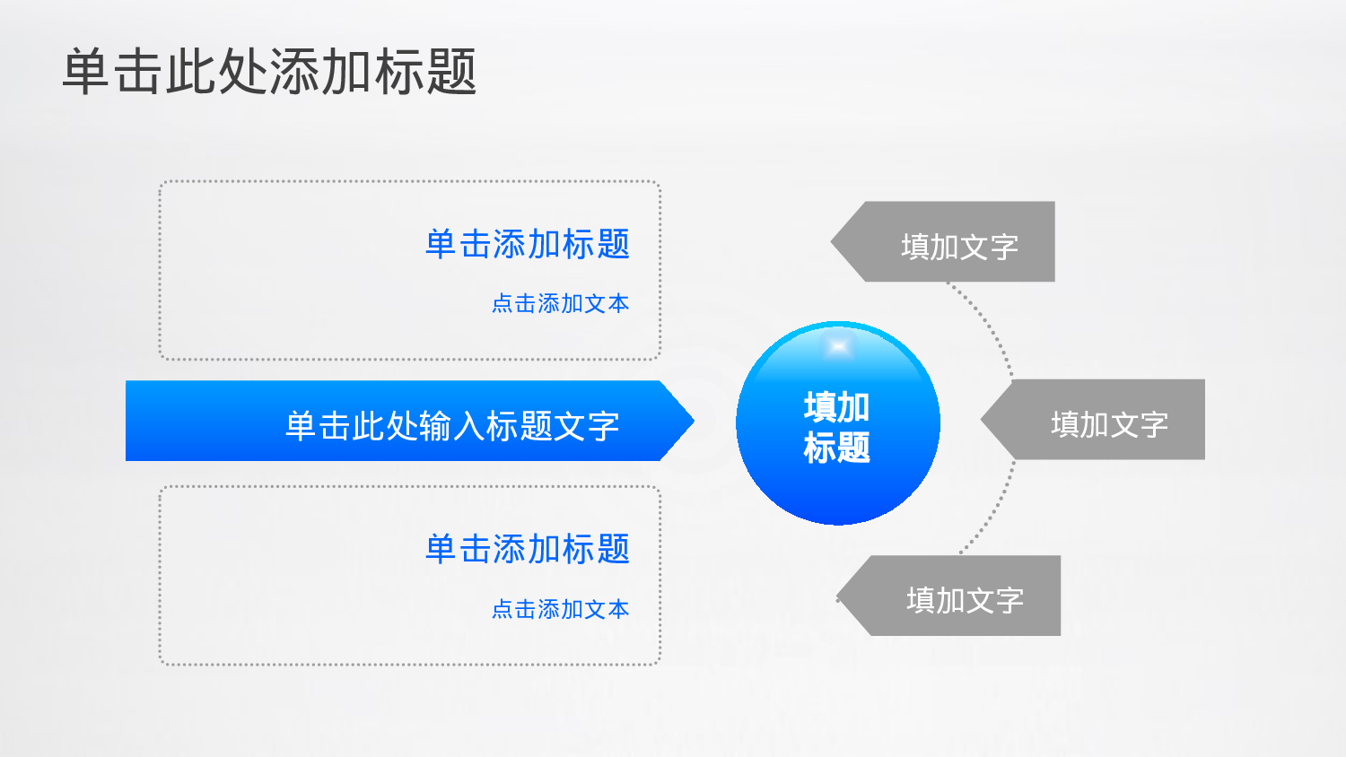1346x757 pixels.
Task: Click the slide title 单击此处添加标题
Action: click(269, 72)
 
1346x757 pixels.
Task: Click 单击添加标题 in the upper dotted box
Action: click(528, 244)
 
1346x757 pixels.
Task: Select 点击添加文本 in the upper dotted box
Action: click(560, 304)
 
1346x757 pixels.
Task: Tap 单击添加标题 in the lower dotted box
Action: click(528, 549)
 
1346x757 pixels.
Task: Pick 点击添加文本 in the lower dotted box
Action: click(560, 610)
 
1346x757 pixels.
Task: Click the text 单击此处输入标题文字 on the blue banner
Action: click(452, 426)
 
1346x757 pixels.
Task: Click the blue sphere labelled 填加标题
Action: click(837, 448)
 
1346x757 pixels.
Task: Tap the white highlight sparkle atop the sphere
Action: click(838, 347)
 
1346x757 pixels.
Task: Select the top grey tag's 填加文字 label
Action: click(959, 247)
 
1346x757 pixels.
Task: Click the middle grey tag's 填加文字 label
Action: click(1109, 424)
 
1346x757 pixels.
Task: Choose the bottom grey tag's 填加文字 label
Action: click(965, 600)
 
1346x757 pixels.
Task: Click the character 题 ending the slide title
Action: click(451, 72)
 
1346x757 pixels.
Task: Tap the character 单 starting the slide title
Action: click(87, 72)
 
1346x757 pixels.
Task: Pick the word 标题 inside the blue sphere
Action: click(837, 448)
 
